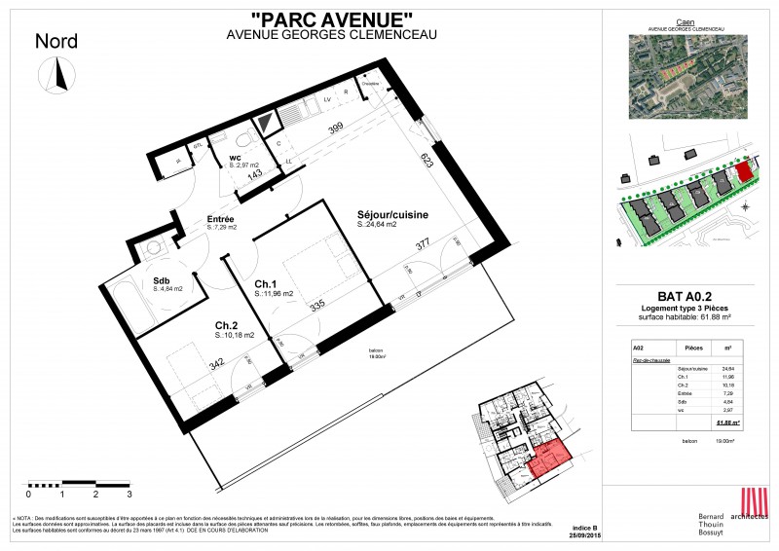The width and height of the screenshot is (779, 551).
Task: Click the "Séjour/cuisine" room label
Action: pyautogui.click(x=393, y=215)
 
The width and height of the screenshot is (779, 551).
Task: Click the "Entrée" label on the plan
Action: pyautogui.click(x=220, y=219)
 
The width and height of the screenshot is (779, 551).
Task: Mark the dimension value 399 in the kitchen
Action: pyautogui.click(x=335, y=129)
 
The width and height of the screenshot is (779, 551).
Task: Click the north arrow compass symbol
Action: pyautogui.click(x=57, y=75)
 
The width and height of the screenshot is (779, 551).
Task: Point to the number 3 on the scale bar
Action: pyautogui.click(x=129, y=495)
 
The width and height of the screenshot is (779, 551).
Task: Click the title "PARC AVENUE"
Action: pyautogui.click(x=331, y=18)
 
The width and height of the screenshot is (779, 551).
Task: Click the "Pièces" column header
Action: pyautogui.click(x=694, y=348)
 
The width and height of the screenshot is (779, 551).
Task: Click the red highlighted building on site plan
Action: pyautogui.click(x=744, y=172)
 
